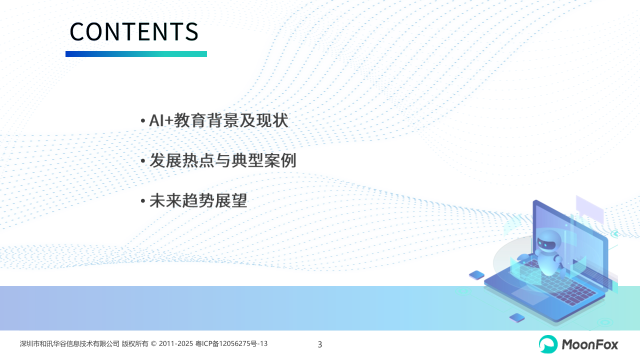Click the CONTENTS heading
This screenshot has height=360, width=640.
134,31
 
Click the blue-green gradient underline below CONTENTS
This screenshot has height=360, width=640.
136,54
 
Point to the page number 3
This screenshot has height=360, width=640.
319,344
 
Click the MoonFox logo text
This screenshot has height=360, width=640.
589,344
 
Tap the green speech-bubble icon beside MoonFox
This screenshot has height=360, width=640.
548,344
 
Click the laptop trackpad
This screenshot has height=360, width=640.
529,295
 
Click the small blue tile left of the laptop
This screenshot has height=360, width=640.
476,275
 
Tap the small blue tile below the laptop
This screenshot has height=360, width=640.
517,317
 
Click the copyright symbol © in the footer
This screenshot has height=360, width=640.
153,343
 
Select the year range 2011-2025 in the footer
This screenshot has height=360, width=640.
176,343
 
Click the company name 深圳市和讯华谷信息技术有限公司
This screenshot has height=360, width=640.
69,343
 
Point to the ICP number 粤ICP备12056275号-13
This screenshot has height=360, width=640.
231,343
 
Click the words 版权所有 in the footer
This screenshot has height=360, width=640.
135,343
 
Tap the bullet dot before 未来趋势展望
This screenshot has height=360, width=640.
143,201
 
